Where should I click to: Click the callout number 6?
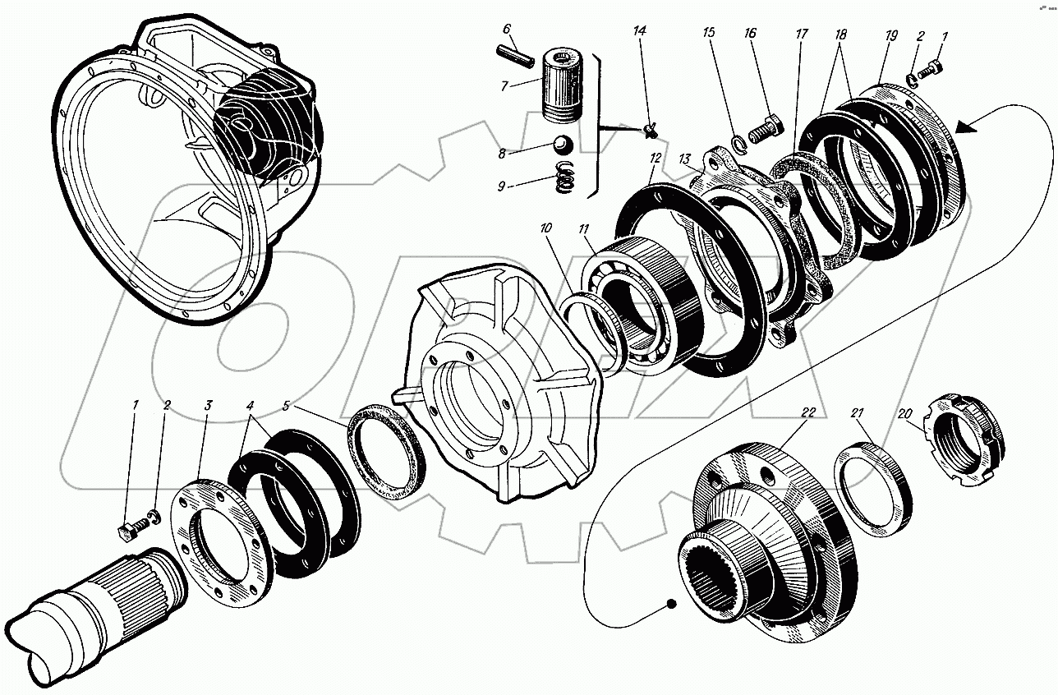(507, 30)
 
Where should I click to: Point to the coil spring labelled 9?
(565, 177)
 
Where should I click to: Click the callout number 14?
(640, 31)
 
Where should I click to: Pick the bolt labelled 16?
(766, 127)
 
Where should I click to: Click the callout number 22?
(808, 413)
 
